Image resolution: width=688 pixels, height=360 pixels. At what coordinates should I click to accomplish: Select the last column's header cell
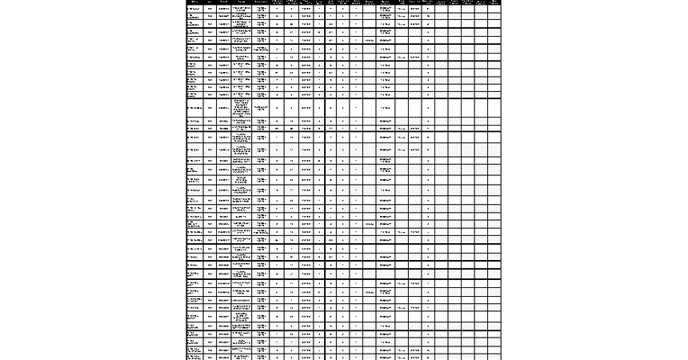[x=494, y=2]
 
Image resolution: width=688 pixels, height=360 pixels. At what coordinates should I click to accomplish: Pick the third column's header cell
[x=223, y=2]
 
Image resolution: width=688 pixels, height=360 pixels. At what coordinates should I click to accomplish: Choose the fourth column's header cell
[x=242, y=2]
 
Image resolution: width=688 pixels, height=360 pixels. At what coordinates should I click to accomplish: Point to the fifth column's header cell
[x=262, y=2]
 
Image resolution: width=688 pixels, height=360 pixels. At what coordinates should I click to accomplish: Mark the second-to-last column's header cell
[x=480, y=2]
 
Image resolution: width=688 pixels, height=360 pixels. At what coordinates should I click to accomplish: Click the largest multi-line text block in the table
[x=242, y=108]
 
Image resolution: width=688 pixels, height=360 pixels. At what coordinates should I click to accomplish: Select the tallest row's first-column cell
[x=194, y=108]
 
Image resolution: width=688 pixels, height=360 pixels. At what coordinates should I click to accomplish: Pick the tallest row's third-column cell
[x=223, y=108]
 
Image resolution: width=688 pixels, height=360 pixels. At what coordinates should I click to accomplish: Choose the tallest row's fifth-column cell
[x=262, y=108]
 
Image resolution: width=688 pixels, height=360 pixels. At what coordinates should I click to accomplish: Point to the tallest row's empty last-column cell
[x=494, y=108]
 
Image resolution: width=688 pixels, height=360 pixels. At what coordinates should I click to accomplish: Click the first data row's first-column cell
[x=194, y=9]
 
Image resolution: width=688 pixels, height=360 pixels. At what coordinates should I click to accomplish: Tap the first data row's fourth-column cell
[x=242, y=9]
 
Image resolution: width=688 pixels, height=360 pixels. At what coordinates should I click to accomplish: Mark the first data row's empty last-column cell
[x=494, y=9]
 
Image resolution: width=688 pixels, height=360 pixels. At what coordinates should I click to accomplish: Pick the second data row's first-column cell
[x=194, y=16]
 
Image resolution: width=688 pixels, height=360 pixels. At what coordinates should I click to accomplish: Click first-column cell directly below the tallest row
[x=194, y=122]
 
